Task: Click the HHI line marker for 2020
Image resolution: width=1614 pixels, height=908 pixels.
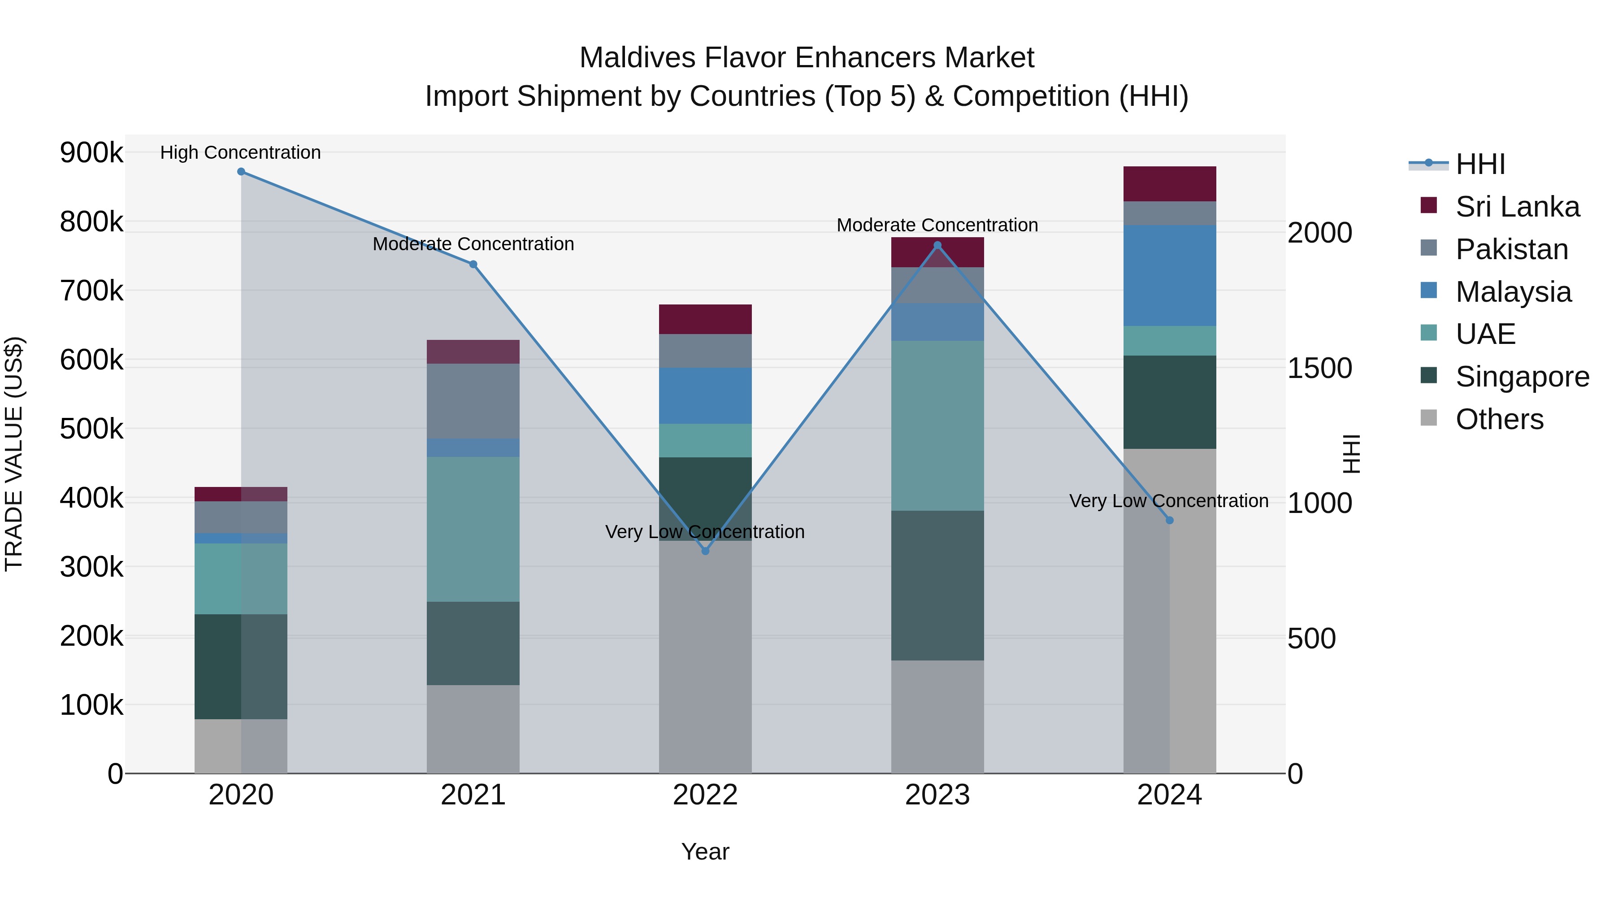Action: (241, 172)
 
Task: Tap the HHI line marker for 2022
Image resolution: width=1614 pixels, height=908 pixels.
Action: (706, 551)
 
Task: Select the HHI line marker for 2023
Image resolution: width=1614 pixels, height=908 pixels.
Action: (937, 246)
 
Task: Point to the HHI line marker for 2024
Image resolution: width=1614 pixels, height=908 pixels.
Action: (1170, 520)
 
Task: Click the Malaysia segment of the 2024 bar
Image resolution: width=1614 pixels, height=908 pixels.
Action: (1170, 276)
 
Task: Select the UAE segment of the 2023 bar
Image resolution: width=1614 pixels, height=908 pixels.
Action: (937, 426)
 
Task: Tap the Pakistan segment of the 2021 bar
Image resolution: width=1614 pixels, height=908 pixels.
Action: (473, 401)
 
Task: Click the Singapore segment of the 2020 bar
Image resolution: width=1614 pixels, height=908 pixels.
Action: (241, 666)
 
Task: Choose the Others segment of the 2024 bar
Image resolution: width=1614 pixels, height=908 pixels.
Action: (1170, 611)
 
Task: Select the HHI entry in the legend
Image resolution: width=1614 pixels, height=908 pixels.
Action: (1480, 164)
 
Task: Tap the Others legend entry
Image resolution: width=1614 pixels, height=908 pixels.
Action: (1499, 419)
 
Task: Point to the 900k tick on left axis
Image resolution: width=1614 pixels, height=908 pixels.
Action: (91, 152)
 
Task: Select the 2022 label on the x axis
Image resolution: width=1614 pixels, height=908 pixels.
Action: (706, 795)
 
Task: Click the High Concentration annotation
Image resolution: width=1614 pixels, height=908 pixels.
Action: (241, 152)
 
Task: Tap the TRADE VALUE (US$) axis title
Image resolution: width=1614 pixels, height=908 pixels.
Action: (14, 454)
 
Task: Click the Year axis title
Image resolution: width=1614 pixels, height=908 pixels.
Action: (706, 852)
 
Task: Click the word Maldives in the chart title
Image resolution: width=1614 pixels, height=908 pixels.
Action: (637, 58)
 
